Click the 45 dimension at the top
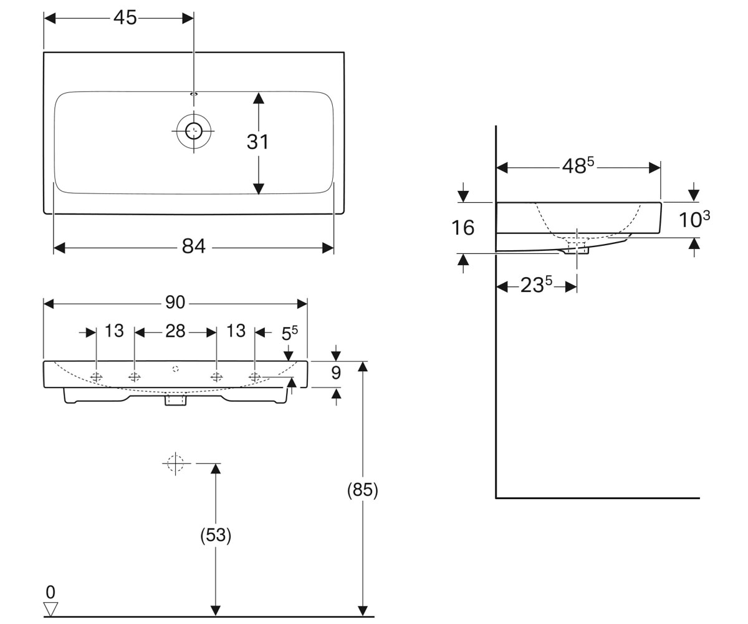point(125,17)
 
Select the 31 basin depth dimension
point(257,142)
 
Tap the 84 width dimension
point(193,246)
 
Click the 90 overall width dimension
point(175,302)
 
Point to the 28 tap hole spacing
point(175,331)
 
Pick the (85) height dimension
point(363,489)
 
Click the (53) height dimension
point(216,535)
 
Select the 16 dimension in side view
point(463,228)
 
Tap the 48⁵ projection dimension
point(578,165)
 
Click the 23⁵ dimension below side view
point(536,285)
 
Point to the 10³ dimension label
point(694,219)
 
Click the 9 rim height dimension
point(336,373)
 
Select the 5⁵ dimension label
point(289,333)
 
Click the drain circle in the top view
point(194,131)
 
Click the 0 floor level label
point(50,592)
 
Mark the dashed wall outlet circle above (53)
point(175,464)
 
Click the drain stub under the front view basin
point(175,399)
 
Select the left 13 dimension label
point(114,331)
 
